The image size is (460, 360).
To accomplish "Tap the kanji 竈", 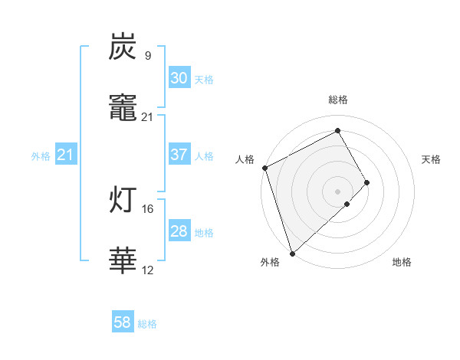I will (x=123, y=110).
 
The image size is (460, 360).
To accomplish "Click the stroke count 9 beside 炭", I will (x=147, y=56).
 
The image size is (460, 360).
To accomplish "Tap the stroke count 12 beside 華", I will (x=147, y=270).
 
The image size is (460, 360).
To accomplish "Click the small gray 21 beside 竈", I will (x=147, y=117).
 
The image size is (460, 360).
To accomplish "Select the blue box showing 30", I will (x=179, y=78).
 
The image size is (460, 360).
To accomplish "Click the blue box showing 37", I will (x=179, y=155).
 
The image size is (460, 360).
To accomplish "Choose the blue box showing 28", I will (x=179, y=231).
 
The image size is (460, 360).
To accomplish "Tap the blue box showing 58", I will (x=123, y=323).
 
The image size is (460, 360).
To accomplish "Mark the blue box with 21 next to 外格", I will (x=66, y=155).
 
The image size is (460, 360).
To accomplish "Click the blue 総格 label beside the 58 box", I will (x=147, y=324).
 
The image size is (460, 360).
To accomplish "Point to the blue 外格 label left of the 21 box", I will (x=41, y=156).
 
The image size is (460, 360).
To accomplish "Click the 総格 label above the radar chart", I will (x=338, y=100).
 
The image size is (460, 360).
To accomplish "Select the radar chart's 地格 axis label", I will (x=402, y=263).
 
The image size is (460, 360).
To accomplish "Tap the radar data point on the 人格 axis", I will (x=264, y=168).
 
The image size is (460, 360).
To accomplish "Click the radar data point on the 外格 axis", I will (x=292, y=252).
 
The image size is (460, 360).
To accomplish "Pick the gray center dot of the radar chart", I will (x=338, y=190).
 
